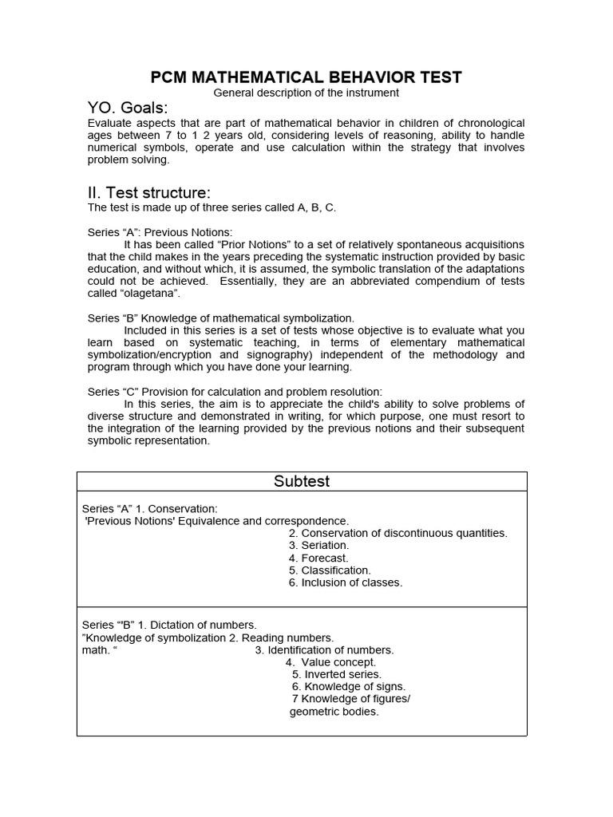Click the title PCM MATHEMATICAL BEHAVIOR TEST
tap(306, 77)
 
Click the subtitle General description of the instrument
tap(306, 93)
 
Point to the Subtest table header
tap(302, 481)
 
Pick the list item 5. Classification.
tap(330, 570)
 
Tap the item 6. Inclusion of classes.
tap(346, 582)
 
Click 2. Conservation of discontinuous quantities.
tap(397, 533)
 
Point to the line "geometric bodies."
tap(334, 712)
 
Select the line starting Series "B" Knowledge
tap(220, 318)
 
